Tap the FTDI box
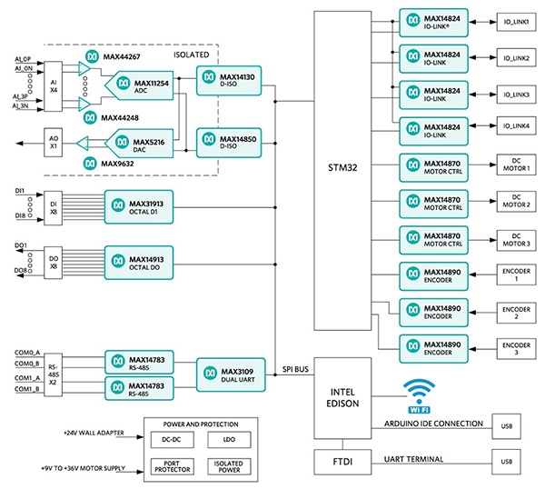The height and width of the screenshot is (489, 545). [342, 461]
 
